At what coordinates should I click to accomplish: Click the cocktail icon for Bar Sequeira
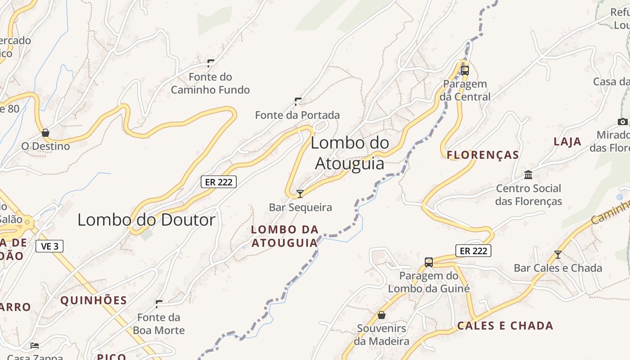pyautogui.click(x=300, y=194)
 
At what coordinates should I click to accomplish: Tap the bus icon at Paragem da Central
pyautogui.click(x=465, y=70)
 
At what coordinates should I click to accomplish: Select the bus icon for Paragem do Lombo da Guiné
pyautogui.click(x=429, y=262)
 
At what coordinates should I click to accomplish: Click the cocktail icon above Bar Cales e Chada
pyautogui.click(x=558, y=255)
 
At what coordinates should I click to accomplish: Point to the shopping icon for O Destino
pyautogui.click(x=45, y=133)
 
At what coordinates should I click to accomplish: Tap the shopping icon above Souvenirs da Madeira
pyautogui.click(x=382, y=315)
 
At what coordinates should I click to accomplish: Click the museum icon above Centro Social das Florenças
pyautogui.click(x=528, y=175)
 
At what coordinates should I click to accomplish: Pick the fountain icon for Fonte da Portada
pyautogui.click(x=297, y=101)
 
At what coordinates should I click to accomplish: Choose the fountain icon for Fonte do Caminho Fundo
pyautogui.click(x=210, y=63)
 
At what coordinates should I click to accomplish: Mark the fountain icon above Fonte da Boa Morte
pyautogui.click(x=159, y=304)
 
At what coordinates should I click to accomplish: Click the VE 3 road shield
pyautogui.click(x=49, y=246)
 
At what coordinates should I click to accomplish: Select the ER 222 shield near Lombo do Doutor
pyautogui.click(x=218, y=182)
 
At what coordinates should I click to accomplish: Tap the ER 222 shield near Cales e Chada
pyautogui.click(x=473, y=251)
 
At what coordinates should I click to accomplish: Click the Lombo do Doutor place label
pyautogui.click(x=146, y=220)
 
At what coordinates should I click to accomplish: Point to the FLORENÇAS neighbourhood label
pyautogui.click(x=483, y=155)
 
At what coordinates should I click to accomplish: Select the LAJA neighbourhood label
pyautogui.click(x=567, y=142)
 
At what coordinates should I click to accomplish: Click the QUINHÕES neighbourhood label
pyautogui.click(x=94, y=301)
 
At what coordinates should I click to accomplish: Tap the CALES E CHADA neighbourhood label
pyautogui.click(x=505, y=326)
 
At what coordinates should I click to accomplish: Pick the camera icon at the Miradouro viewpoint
pyautogui.click(x=623, y=121)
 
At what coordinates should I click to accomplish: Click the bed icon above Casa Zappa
pyautogui.click(x=35, y=346)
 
